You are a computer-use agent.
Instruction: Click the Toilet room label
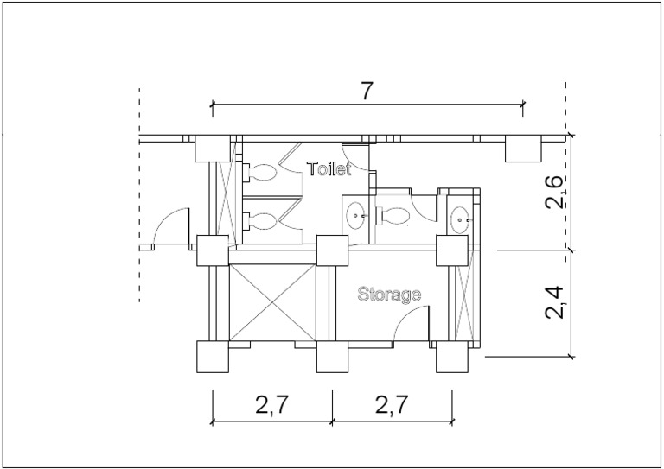pos(329,168)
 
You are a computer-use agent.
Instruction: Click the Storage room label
pos(389,295)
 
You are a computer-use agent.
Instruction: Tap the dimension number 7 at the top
pos(367,91)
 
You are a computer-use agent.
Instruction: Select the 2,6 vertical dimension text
pos(555,192)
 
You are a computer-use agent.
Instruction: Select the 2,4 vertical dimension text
pos(555,302)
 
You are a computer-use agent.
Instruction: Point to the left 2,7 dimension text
pos(271,405)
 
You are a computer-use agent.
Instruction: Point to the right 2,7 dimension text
pos(393,405)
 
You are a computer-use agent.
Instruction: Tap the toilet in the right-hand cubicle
pos(393,215)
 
